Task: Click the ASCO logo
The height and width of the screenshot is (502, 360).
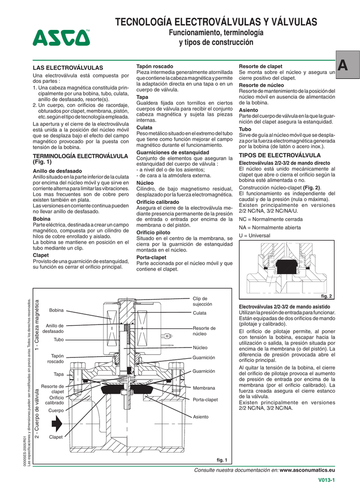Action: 62,37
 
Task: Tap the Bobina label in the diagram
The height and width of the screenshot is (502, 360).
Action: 57,310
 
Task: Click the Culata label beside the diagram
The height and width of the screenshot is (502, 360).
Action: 200,313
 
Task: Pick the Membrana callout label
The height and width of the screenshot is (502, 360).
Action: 204,388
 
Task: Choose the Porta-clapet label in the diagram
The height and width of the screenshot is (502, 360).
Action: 205,400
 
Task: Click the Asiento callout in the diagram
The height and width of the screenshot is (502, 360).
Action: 201,417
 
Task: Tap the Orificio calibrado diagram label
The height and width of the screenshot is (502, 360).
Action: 54,400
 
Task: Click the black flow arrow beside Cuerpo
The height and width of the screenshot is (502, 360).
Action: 57,422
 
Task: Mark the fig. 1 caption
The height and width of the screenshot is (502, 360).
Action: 223,460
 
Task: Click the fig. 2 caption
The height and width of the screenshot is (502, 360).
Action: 326,296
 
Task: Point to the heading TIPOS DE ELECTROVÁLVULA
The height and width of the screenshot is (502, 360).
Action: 279,155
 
